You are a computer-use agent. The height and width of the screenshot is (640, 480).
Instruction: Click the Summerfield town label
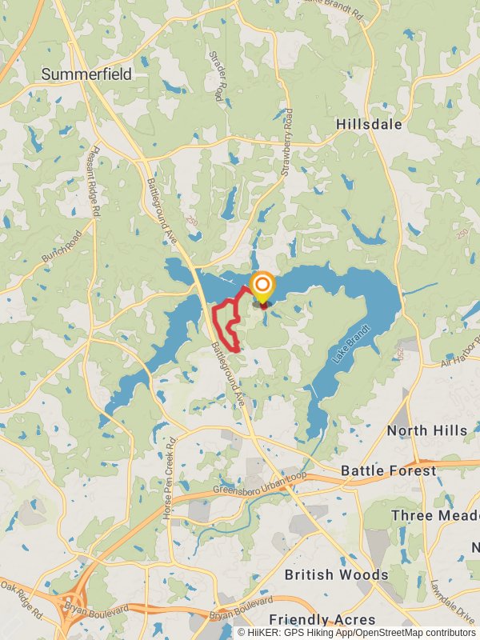[x=86, y=74]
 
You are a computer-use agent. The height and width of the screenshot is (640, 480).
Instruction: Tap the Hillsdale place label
[x=369, y=125]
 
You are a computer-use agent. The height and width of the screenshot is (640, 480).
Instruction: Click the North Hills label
[x=427, y=430]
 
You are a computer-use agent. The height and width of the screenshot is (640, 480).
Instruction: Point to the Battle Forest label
[x=389, y=470]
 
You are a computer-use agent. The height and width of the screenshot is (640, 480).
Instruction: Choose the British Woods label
[x=336, y=574]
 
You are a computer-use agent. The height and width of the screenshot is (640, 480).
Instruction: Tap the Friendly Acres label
[x=322, y=619]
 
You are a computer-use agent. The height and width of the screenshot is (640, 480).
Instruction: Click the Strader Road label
[x=217, y=76]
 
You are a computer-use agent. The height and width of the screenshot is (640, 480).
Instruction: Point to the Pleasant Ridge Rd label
[x=95, y=180]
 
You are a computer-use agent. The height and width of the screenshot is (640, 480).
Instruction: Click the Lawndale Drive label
[x=442, y=602]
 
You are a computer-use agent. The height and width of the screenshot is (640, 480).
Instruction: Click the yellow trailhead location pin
[x=262, y=286]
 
